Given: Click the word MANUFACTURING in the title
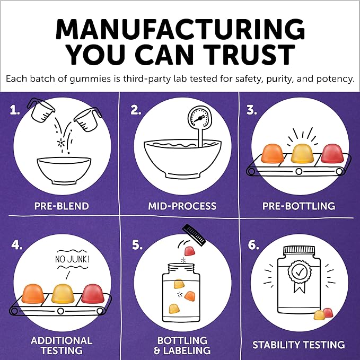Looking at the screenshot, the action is [x=180, y=29].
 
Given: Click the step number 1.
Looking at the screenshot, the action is [x=14, y=110].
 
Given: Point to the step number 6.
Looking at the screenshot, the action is [x=253, y=245].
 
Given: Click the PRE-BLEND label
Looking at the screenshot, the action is [x=62, y=206].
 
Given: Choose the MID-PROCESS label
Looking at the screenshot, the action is [x=182, y=206].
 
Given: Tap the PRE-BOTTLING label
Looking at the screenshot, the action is [x=298, y=206].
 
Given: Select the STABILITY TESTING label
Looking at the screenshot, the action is [x=298, y=345].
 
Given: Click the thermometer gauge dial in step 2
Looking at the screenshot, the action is [x=198, y=118].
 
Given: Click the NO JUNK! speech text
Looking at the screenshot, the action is [x=72, y=259].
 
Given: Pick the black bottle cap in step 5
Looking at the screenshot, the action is [x=194, y=235].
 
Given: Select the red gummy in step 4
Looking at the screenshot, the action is [x=93, y=294].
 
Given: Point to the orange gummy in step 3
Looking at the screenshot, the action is [x=273, y=153].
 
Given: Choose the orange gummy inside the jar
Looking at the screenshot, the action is [x=190, y=296].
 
